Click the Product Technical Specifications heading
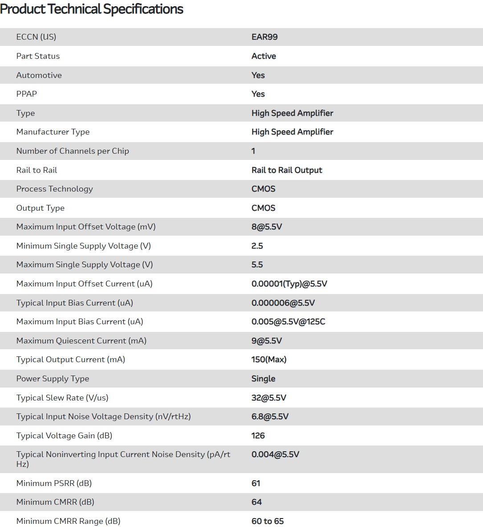[x=92, y=9]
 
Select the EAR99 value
[x=264, y=37]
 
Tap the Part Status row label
[x=38, y=56]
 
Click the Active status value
[x=264, y=56]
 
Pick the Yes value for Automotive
[x=258, y=75]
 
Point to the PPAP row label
[x=27, y=94]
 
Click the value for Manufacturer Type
[x=292, y=132]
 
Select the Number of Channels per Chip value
[x=253, y=151]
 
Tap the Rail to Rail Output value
[x=287, y=170]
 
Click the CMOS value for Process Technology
[x=263, y=189]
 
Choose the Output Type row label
[x=40, y=208]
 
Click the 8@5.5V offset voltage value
[x=267, y=227]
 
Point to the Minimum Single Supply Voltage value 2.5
[x=257, y=246]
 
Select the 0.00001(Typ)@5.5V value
[x=289, y=284]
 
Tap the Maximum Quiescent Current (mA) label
[x=81, y=341]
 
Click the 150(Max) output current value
[x=269, y=360]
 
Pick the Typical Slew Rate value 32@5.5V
[x=268, y=398]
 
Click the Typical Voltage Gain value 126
[x=258, y=436]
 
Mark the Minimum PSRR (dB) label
[x=54, y=483]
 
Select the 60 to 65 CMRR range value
[x=267, y=521]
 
